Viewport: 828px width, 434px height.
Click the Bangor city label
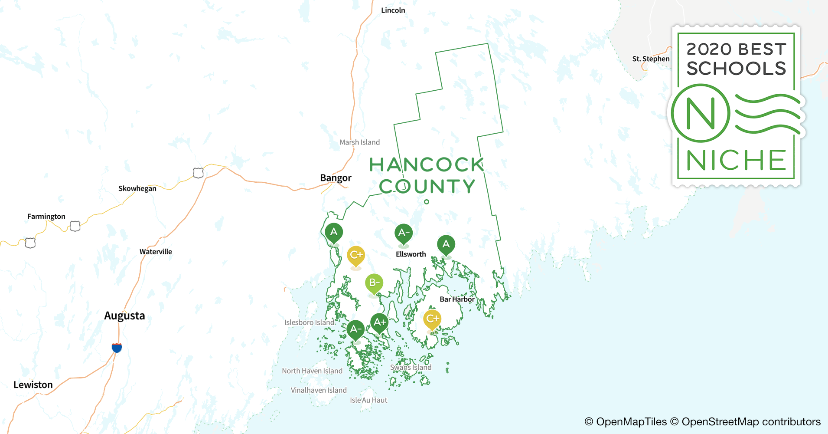tap(336, 178)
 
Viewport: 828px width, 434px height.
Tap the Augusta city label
tap(124, 316)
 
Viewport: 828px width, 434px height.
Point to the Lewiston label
tap(33, 385)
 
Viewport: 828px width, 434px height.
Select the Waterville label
tap(156, 252)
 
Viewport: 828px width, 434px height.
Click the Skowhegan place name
tap(137, 188)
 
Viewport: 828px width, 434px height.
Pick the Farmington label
tap(46, 217)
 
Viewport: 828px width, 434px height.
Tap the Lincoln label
tap(393, 10)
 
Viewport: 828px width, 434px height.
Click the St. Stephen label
tap(651, 59)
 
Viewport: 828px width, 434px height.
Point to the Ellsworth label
tap(411, 254)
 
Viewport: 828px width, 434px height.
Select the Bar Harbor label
tap(457, 299)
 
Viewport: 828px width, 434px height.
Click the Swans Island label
tap(411, 368)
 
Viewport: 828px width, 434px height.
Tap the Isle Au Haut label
tap(368, 400)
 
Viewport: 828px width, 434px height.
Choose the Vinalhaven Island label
tap(319, 390)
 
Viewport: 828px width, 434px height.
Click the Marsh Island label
tap(359, 142)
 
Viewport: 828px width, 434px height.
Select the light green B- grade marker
tap(374, 283)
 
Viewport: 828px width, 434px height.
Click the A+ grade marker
tap(379, 322)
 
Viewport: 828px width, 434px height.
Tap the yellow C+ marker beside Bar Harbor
tap(432, 319)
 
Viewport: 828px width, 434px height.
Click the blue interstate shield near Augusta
tap(117, 348)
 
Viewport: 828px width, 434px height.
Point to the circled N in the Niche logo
tap(701, 113)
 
